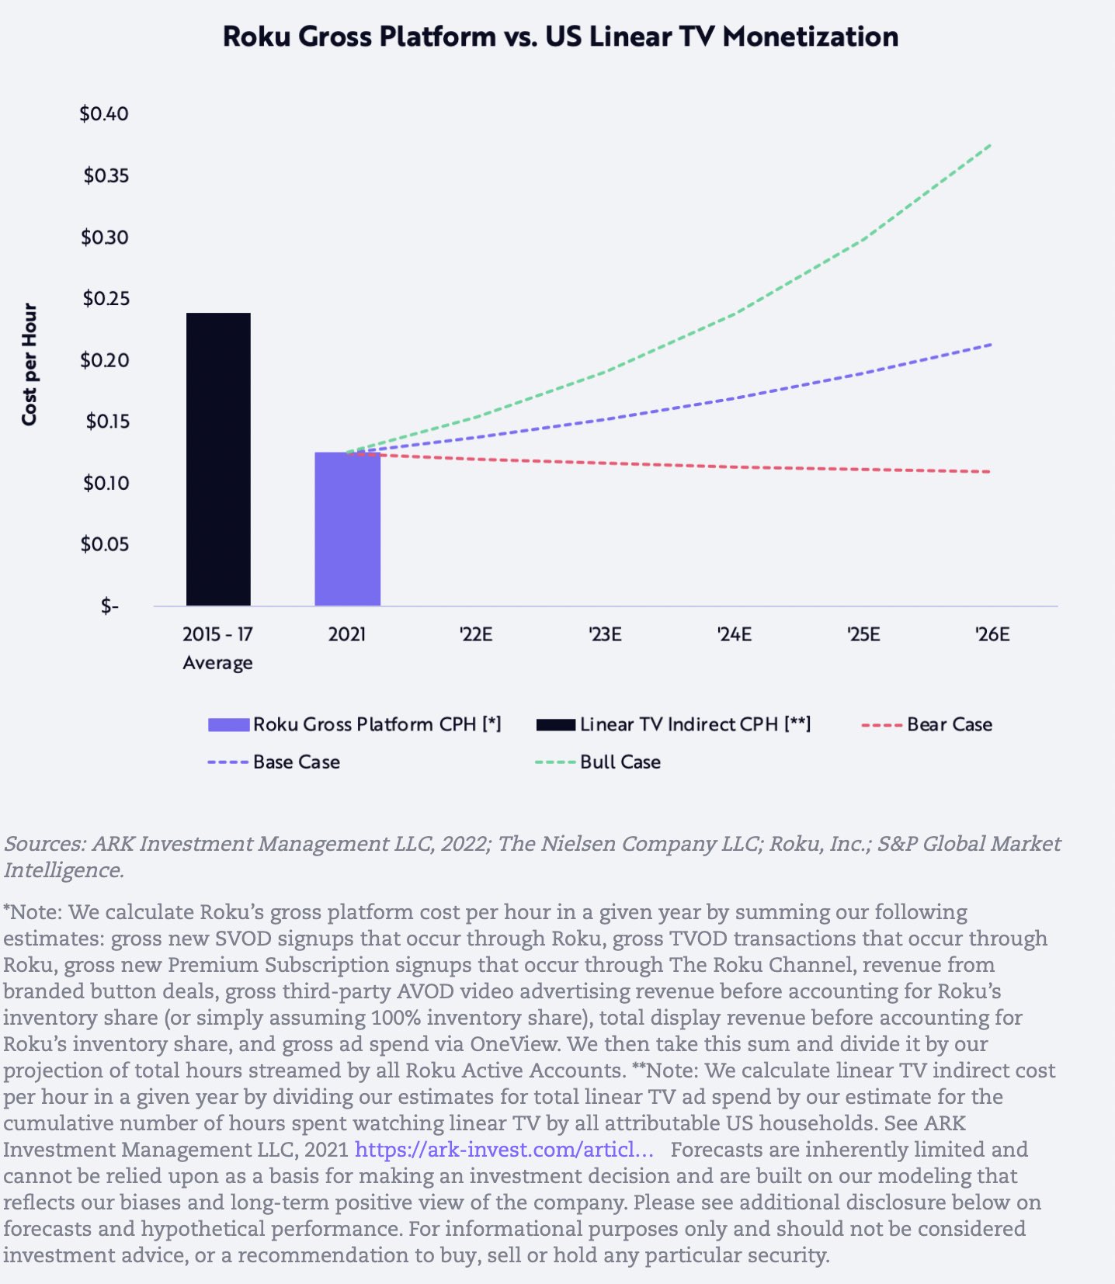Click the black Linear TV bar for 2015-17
(x=218, y=460)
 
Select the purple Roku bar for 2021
(x=347, y=529)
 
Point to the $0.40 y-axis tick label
(x=104, y=114)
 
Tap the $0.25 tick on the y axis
(x=106, y=299)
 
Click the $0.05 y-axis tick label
(x=105, y=544)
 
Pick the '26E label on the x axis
(x=992, y=635)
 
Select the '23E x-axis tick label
(x=605, y=635)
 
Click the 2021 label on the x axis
(x=347, y=635)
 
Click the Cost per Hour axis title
(x=30, y=364)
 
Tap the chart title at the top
(x=560, y=36)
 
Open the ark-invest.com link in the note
(x=504, y=1149)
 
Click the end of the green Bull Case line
(x=991, y=145)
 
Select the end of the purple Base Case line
(x=991, y=344)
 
